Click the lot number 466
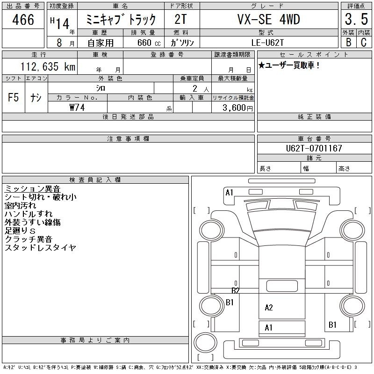(x=23, y=20)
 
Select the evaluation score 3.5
(x=356, y=19)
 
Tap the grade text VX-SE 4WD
(x=268, y=19)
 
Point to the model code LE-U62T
(x=267, y=43)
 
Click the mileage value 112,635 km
(x=48, y=66)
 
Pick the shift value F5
(x=14, y=97)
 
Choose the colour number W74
(x=77, y=108)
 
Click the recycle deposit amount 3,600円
(x=237, y=108)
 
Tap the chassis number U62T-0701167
(x=314, y=148)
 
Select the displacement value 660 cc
(x=149, y=43)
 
